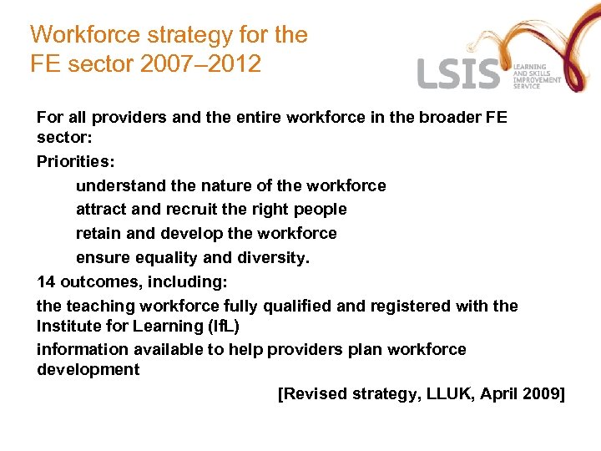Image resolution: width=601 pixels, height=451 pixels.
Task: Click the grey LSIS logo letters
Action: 458,75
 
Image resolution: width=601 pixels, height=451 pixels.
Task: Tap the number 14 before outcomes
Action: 46,281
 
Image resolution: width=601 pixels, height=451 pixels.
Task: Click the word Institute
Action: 68,325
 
